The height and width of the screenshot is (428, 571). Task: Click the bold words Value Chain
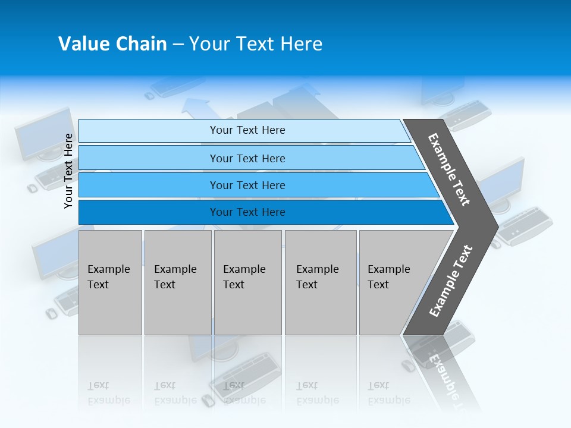pyautogui.click(x=112, y=44)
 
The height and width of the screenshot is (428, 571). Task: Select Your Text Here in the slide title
pyautogui.click(x=256, y=44)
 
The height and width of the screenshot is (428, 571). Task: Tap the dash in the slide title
pyautogui.click(x=178, y=45)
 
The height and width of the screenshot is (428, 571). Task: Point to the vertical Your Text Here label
pyautogui.click(x=68, y=171)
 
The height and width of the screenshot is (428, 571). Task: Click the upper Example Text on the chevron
pyautogui.click(x=449, y=169)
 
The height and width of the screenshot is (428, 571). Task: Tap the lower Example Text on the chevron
pyautogui.click(x=450, y=281)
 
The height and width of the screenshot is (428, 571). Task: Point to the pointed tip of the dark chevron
pyautogui.click(x=497, y=226)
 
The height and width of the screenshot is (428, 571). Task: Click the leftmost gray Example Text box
pyautogui.click(x=110, y=282)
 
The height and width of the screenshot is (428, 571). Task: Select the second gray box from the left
pyautogui.click(x=177, y=282)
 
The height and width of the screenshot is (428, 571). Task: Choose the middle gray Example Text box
pyautogui.click(x=247, y=282)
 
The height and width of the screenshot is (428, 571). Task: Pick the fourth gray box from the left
pyautogui.click(x=320, y=282)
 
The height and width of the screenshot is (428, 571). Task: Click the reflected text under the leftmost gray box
pyautogui.click(x=108, y=393)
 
